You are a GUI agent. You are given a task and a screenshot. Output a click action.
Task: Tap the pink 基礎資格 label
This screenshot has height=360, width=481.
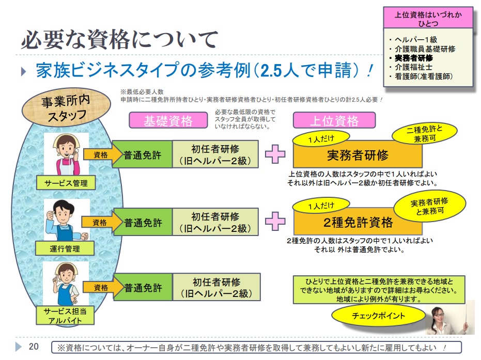[167, 121]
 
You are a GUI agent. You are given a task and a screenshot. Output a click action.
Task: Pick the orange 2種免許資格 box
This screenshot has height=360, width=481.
[358, 223]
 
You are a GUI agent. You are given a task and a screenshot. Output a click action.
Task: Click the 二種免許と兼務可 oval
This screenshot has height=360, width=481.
[425, 133]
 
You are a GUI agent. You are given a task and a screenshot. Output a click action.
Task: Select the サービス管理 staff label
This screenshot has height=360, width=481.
[65, 183]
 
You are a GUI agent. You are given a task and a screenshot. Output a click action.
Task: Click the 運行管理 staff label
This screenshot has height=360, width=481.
[65, 249]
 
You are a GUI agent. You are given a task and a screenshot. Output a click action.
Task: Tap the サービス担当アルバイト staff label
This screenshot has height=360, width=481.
[65, 316]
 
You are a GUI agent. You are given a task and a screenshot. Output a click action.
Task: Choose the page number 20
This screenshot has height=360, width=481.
[34, 347]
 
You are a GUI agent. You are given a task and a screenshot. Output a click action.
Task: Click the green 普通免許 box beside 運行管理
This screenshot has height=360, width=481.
[143, 223]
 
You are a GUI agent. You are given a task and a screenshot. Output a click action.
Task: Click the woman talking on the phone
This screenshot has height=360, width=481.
[66, 153]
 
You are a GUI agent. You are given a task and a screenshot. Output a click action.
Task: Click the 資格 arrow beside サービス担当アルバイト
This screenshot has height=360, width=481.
[99, 287]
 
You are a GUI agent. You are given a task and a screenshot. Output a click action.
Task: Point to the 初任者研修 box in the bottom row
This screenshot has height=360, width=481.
[216, 288]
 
